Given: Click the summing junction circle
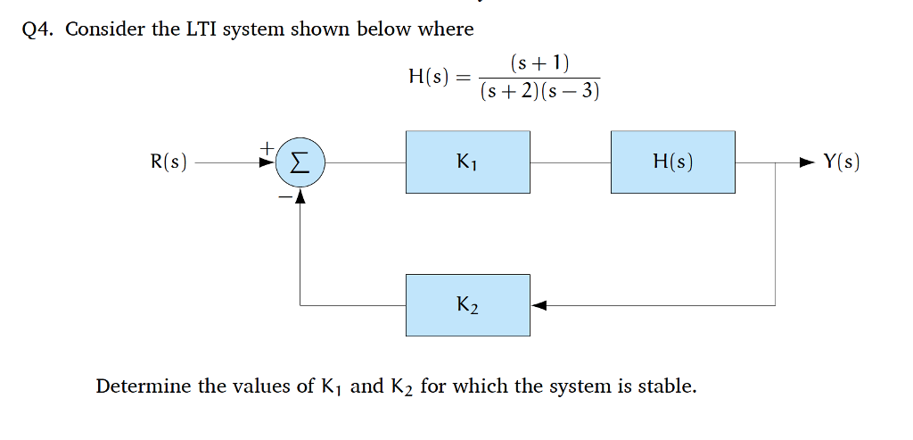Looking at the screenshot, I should click(300, 162).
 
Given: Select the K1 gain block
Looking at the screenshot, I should click(468, 162).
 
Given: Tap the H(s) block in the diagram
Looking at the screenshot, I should click(673, 162).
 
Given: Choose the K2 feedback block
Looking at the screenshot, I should click(468, 305).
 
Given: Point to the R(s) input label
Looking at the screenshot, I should click(169, 162).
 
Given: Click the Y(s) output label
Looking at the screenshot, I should click(842, 162).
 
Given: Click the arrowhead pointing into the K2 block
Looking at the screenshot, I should click(538, 305).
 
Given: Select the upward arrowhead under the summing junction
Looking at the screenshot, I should click(300, 196).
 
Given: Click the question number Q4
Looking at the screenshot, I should click(39, 29).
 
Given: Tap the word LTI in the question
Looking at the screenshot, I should click(202, 29).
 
